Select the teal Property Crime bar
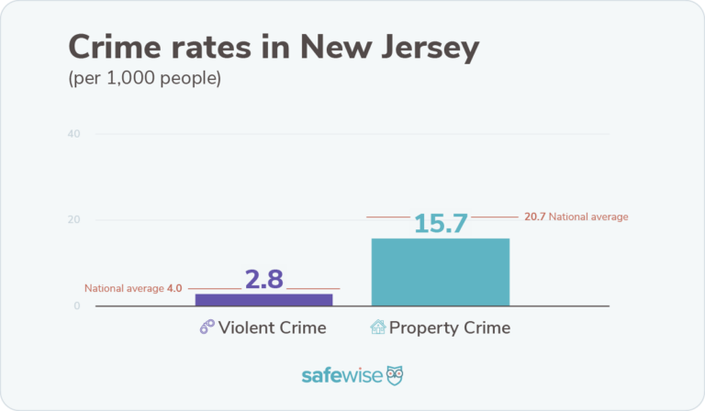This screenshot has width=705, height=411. click(440, 272)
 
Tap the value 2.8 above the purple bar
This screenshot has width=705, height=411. click(264, 280)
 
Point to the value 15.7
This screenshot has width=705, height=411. click(441, 224)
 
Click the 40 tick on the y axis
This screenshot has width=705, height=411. click(73, 134)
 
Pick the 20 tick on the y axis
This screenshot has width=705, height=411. click(73, 220)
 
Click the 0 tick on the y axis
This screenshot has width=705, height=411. click(77, 305)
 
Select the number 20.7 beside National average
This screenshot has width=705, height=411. click(534, 217)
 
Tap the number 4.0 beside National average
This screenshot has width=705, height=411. click(174, 288)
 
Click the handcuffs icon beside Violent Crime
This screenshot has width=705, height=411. click(207, 328)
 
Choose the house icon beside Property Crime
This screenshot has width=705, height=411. click(377, 328)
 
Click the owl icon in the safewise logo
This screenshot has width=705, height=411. click(394, 375)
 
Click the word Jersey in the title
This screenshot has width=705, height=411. click(422, 48)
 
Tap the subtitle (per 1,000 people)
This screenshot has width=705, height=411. click(144, 79)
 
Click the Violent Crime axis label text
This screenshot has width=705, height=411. click(273, 328)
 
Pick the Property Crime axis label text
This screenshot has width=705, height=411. click(450, 328)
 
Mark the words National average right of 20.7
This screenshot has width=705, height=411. click(588, 217)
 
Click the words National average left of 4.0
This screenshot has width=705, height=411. click(124, 288)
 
